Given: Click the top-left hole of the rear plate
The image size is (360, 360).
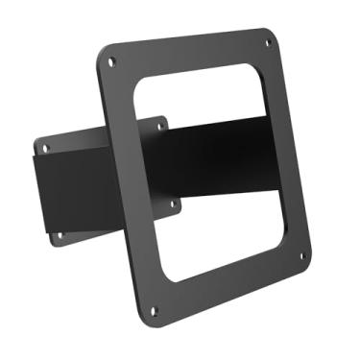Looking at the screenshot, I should click(x=44, y=146).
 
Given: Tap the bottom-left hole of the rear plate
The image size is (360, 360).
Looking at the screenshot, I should click(x=59, y=234).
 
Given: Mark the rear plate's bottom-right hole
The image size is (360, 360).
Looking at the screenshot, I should click(x=173, y=204).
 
